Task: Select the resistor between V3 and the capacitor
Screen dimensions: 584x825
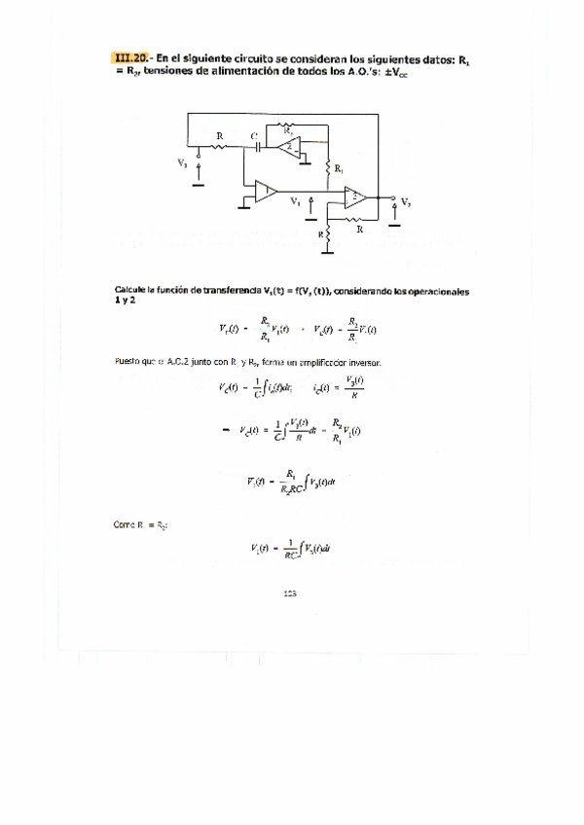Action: click(220, 148)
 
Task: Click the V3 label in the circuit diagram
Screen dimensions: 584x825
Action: click(183, 163)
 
